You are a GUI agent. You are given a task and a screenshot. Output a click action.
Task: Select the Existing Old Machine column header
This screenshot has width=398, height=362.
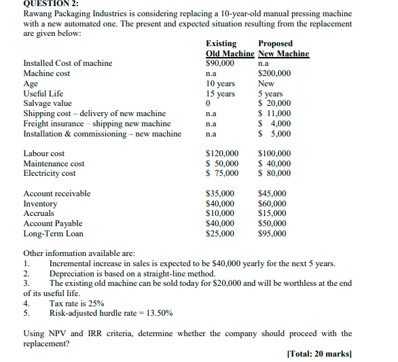click(x=230, y=49)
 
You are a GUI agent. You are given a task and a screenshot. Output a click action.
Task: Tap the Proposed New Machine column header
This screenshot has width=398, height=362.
click(x=283, y=49)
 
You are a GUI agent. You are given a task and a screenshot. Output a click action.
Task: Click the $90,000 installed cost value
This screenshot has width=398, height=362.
click(x=219, y=63)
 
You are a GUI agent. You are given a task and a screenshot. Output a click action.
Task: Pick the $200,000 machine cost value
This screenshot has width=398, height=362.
click(x=275, y=73)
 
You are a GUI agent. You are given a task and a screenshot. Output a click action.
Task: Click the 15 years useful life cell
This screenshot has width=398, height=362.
click(x=220, y=94)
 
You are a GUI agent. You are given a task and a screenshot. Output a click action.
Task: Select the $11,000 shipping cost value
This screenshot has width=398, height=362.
click(x=275, y=113)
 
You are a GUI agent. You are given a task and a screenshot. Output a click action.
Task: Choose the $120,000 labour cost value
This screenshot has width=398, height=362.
click(x=221, y=154)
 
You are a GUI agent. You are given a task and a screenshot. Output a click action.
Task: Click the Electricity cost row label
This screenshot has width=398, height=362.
click(x=50, y=174)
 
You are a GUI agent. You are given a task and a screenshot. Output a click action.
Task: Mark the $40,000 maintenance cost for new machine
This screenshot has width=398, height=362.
click(x=275, y=164)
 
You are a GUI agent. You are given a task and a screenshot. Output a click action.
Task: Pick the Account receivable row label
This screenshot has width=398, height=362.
click(x=56, y=194)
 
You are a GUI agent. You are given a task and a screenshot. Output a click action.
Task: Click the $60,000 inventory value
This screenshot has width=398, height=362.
click(x=272, y=204)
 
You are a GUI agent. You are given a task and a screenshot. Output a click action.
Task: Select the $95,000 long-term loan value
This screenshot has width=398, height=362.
click(x=272, y=234)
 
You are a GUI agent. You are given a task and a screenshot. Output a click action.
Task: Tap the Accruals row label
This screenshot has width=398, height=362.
click(x=39, y=213)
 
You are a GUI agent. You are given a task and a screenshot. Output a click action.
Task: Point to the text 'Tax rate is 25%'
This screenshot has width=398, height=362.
click(x=77, y=304)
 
